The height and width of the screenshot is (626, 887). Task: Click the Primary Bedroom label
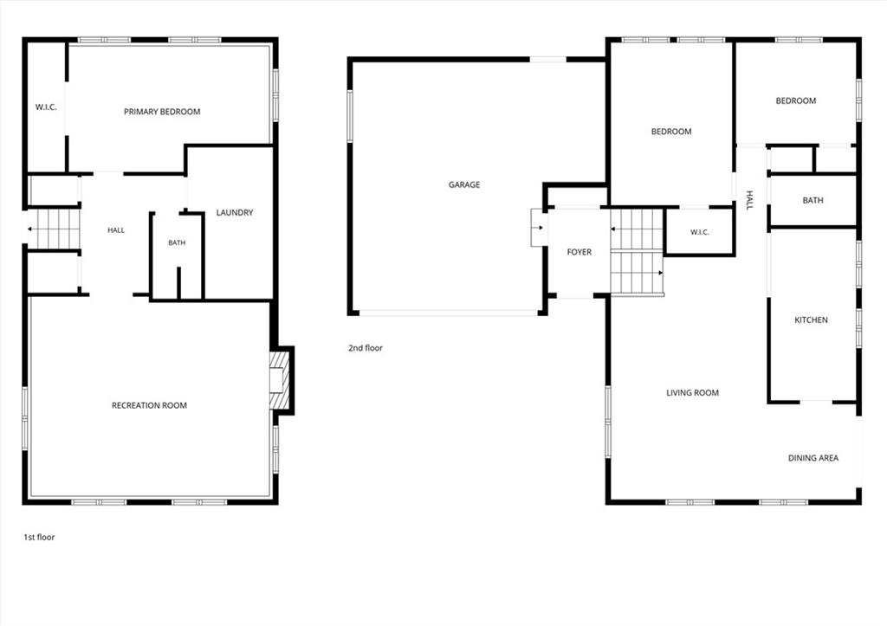coord(162,112)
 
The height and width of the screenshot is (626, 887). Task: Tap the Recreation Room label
coord(149,405)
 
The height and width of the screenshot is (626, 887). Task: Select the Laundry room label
coord(235,212)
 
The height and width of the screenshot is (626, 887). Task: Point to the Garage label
coord(464,184)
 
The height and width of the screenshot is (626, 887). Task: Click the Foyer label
coord(579,252)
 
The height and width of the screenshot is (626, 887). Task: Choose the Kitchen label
coord(811,319)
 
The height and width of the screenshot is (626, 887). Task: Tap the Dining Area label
coord(813,457)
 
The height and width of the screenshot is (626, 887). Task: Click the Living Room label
coord(692,392)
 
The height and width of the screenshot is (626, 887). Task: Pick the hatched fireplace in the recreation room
coord(280,380)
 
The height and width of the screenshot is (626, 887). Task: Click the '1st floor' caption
coord(39,537)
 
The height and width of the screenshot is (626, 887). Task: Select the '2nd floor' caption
coord(366,348)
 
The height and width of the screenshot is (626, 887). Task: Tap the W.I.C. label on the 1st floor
coord(46,106)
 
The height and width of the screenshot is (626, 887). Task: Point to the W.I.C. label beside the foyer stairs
coord(700,232)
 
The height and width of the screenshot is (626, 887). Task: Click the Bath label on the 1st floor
coord(177,242)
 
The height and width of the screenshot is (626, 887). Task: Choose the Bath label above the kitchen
coord(813,200)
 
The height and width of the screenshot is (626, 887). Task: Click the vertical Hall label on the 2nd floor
coord(749,200)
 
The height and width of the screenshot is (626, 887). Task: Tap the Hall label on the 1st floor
coord(116,230)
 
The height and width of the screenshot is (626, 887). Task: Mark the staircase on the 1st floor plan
coord(53,229)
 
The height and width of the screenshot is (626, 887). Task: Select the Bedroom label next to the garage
coord(671,132)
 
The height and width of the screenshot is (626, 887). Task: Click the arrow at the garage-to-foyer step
coord(539,228)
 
